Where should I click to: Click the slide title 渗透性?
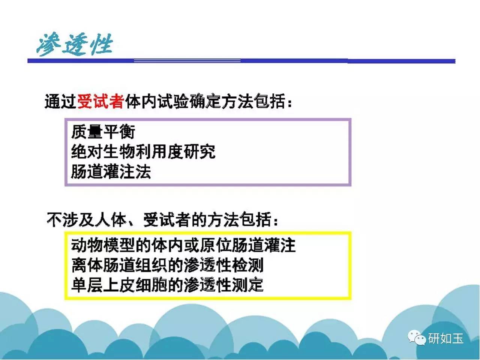click(75, 44)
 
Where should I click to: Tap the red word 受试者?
click(100, 101)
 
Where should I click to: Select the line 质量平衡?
click(103, 132)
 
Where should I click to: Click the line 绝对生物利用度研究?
click(143, 151)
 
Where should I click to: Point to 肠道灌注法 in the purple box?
click(111, 172)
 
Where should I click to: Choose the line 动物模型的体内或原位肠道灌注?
click(183, 246)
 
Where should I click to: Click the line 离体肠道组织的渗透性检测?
click(167, 265)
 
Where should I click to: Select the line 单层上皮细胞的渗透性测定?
click(167, 285)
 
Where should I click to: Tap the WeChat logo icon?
click(417, 338)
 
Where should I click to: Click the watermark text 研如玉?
click(445, 338)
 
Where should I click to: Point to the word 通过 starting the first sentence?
click(61, 101)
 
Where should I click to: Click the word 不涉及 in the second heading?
click(70, 219)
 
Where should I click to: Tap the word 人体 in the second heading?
click(110, 219)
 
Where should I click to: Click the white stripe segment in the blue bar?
click(187, 60)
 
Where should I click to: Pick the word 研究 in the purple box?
click(199, 151)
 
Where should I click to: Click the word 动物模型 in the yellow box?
click(103, 246)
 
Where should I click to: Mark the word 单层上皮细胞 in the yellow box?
click(119, 285)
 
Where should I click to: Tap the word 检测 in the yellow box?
click(247, 265)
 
